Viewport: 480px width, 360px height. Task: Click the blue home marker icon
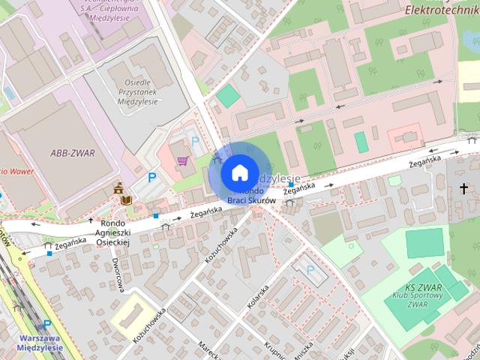click(238, 172)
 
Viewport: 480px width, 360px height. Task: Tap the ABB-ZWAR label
click(71, 153)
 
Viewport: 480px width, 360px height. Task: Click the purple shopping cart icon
click(182, 160)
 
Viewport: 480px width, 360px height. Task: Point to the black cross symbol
click(464, 188)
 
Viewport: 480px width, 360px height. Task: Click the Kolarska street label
click(257, 297)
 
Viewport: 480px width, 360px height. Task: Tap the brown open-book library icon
click(127, 199)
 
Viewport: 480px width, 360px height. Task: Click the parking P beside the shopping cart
click(196, 141)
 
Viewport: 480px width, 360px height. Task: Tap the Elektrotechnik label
click(441, 10)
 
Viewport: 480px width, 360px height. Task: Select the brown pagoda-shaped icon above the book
click(118, 190)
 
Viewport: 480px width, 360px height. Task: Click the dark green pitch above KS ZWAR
click(425, 244)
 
